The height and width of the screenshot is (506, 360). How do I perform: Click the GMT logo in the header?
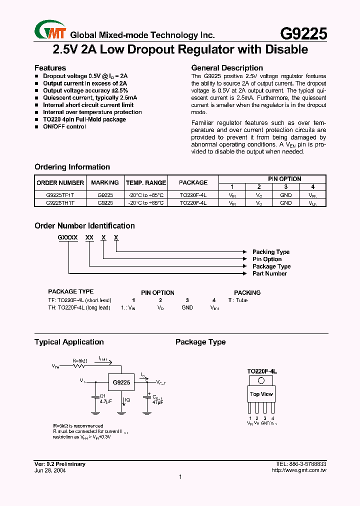(50, 29)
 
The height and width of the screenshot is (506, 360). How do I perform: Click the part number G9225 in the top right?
(303, 33)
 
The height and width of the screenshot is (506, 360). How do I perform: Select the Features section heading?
(50, 68)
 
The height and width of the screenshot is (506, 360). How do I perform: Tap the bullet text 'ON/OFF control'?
(64, 126)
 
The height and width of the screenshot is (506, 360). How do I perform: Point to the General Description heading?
(227, 68)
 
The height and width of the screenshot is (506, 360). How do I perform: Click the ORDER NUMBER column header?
(60, 182)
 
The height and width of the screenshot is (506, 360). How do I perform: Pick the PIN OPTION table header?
(284, 179)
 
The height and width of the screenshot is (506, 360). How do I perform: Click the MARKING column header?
(105, 182)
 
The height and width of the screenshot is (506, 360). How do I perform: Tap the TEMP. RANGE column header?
(145, 182)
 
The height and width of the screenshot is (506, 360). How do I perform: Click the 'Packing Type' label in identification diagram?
(270, 252)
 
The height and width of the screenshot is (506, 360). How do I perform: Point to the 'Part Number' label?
(269, 273)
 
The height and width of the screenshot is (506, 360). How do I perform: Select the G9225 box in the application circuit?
(121, 382)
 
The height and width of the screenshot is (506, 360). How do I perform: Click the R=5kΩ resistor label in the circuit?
(80, 360)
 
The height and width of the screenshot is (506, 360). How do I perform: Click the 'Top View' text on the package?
(261, 394)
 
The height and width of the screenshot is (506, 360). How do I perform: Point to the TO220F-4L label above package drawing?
(261, 371)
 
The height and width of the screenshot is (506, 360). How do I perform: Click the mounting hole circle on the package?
(261, 380)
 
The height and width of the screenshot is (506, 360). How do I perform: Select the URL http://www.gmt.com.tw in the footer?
(298, 470)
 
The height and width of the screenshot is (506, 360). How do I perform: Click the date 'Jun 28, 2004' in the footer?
(50, 470)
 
